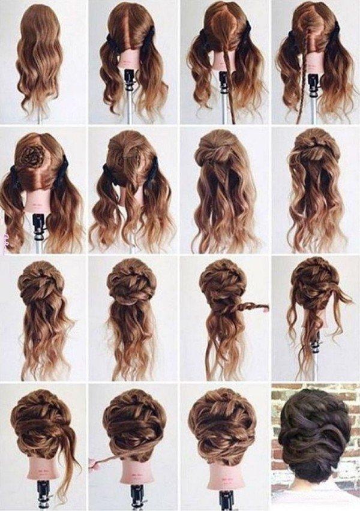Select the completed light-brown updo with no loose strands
pos(222,426)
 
